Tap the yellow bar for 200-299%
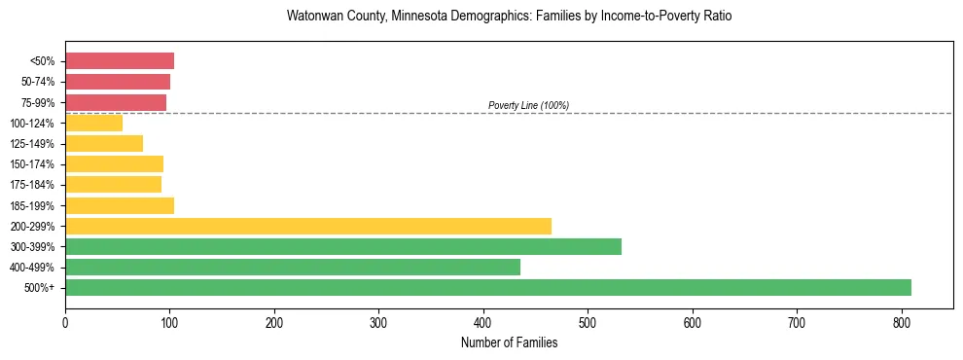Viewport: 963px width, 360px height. [308, 226]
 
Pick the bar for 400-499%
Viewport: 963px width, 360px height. [293, 267]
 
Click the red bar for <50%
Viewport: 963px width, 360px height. [120, 61]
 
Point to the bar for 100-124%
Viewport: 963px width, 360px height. [93, 123]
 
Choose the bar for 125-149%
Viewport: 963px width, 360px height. [104, 143]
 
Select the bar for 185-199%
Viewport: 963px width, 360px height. [120, 205]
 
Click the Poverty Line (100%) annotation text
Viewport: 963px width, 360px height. [528, 105]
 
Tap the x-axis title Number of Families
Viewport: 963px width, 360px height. [509, 342]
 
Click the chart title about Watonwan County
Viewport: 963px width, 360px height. [509, 17]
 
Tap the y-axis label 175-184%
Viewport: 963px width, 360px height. [34, 185]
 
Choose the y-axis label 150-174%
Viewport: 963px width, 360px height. [34, 164]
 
